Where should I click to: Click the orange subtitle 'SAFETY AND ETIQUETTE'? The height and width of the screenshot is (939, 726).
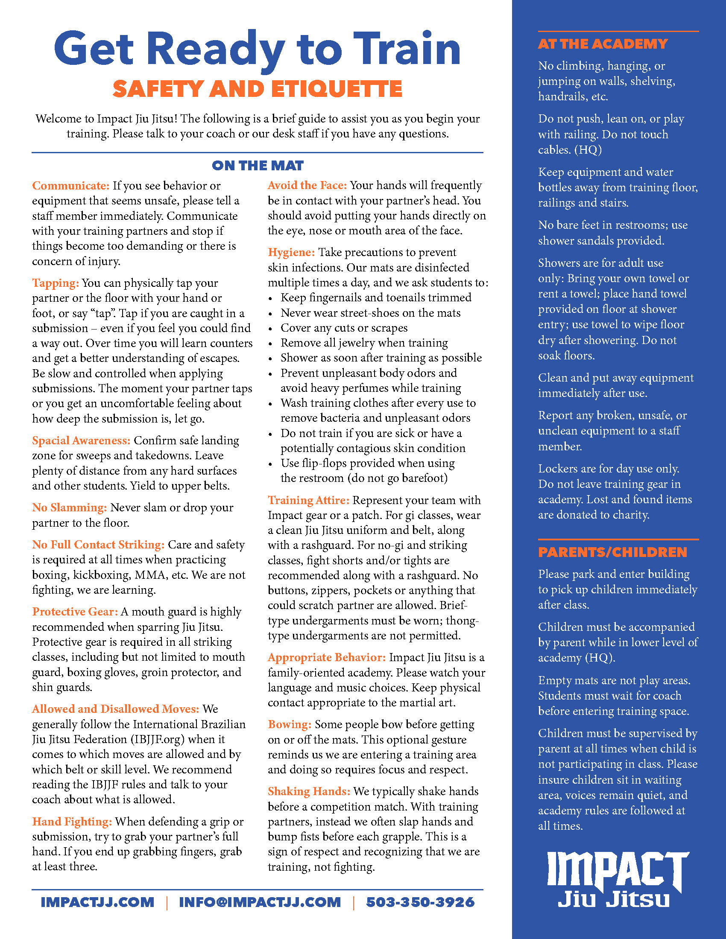coord(257,89)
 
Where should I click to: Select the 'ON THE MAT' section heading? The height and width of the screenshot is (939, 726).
coord(257,166)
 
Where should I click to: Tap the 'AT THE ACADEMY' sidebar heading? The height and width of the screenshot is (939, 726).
coord(603,44)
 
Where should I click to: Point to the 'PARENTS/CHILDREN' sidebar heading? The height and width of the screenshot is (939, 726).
coord(612,552)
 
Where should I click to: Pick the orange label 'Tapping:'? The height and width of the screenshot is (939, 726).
coord(56,283)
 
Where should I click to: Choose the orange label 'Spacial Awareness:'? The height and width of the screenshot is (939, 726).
coord(81,440)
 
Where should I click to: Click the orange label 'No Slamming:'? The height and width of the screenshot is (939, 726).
coord(69,507)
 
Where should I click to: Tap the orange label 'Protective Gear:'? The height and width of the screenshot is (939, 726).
coord(75,611)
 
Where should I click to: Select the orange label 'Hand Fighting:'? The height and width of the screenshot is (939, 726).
coord(72,821)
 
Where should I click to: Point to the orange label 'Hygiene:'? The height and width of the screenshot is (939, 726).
coord(291,252)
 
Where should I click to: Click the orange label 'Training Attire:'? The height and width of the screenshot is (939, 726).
coord(308,500)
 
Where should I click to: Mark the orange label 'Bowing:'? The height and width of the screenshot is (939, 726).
coord(290,724)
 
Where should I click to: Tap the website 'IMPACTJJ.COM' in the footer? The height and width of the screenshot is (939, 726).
coord(97,902)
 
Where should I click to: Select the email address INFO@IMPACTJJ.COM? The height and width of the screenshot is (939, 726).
coord(260,902)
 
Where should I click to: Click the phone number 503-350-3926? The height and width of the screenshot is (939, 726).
coord(420,902)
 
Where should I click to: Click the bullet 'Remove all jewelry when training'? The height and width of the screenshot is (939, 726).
coord(364,343)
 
